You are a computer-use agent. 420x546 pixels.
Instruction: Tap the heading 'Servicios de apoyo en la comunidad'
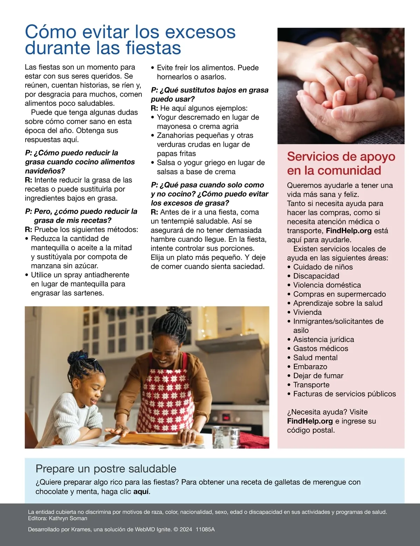click(x=341, y=163)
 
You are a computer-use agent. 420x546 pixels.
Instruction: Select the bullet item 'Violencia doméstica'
click(x=327, y=285)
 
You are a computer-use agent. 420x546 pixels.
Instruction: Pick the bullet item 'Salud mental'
click(x=315, y=357)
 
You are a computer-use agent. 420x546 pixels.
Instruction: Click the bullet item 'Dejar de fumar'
click(x=318, y=376)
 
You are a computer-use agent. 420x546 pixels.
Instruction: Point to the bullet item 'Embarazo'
click(x=310, y=367)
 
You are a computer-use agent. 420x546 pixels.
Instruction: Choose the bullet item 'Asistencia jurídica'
click(x=323, y=339)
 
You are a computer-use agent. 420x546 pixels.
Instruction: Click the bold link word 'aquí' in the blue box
click(x=141, y=491)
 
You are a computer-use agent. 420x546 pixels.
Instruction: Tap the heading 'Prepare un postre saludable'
click(x=106, y=469)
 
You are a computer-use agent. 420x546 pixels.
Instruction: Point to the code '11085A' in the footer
click(x=205, y=530)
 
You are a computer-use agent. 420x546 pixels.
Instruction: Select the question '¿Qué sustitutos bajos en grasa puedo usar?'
click(x=210, y=94)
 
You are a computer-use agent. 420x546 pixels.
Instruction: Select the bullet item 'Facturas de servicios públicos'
click(x=344, y=394)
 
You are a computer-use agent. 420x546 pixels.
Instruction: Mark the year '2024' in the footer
click(x=186, y=530)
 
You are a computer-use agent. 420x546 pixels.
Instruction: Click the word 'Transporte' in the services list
click(x=311, y=385)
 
